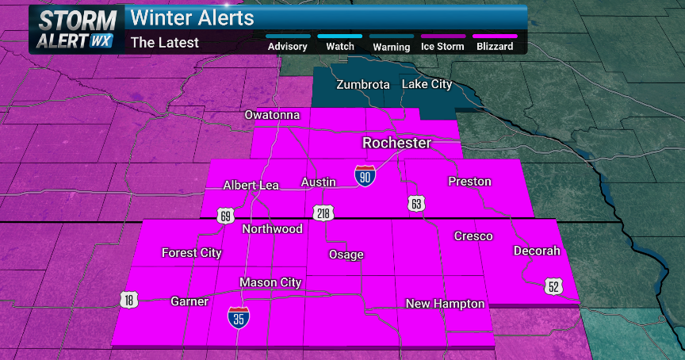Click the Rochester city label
pos(396,144)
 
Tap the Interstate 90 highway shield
pos(364,176)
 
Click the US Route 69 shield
pos(226,216)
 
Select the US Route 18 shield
pos(129,299)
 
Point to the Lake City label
pos(426,84)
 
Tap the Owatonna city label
pos(272,115)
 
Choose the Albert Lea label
pos(251,185)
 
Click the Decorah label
pos(537,251)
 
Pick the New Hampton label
pos(445,304)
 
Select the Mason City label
pos(272,282)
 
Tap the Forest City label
pos(191,253)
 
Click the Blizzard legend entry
pos(494,46)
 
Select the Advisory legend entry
pos(287,46)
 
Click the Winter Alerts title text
pos(192,17)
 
